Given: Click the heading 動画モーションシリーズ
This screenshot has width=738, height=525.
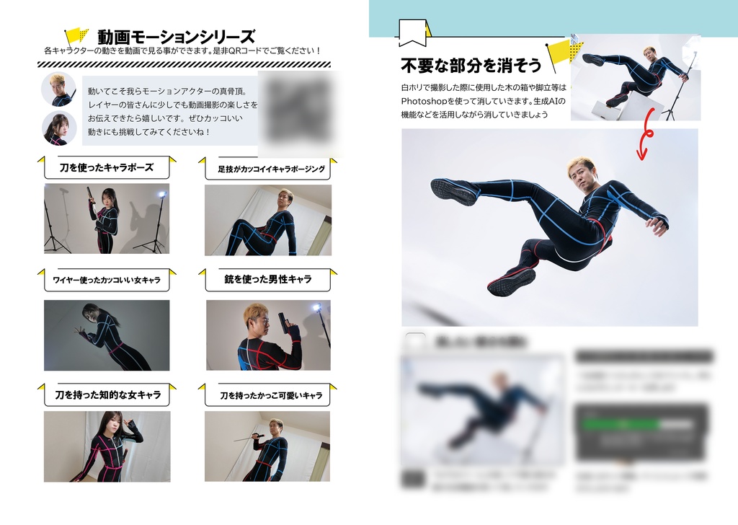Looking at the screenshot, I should tap(177, 36).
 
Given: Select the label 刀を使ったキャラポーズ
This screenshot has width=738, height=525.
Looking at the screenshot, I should tap(107, 167).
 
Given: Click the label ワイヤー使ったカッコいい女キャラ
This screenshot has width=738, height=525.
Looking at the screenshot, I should tap(107, 280).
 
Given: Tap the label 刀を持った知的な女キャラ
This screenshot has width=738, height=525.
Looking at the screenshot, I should tap(107, 394).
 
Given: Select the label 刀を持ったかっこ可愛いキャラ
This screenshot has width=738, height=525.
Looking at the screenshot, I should tap(271, 396).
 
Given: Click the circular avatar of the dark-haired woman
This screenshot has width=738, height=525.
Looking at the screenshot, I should tap(59, 129).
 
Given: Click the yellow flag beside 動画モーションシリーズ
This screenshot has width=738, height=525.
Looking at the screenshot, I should tap(76, 36).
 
